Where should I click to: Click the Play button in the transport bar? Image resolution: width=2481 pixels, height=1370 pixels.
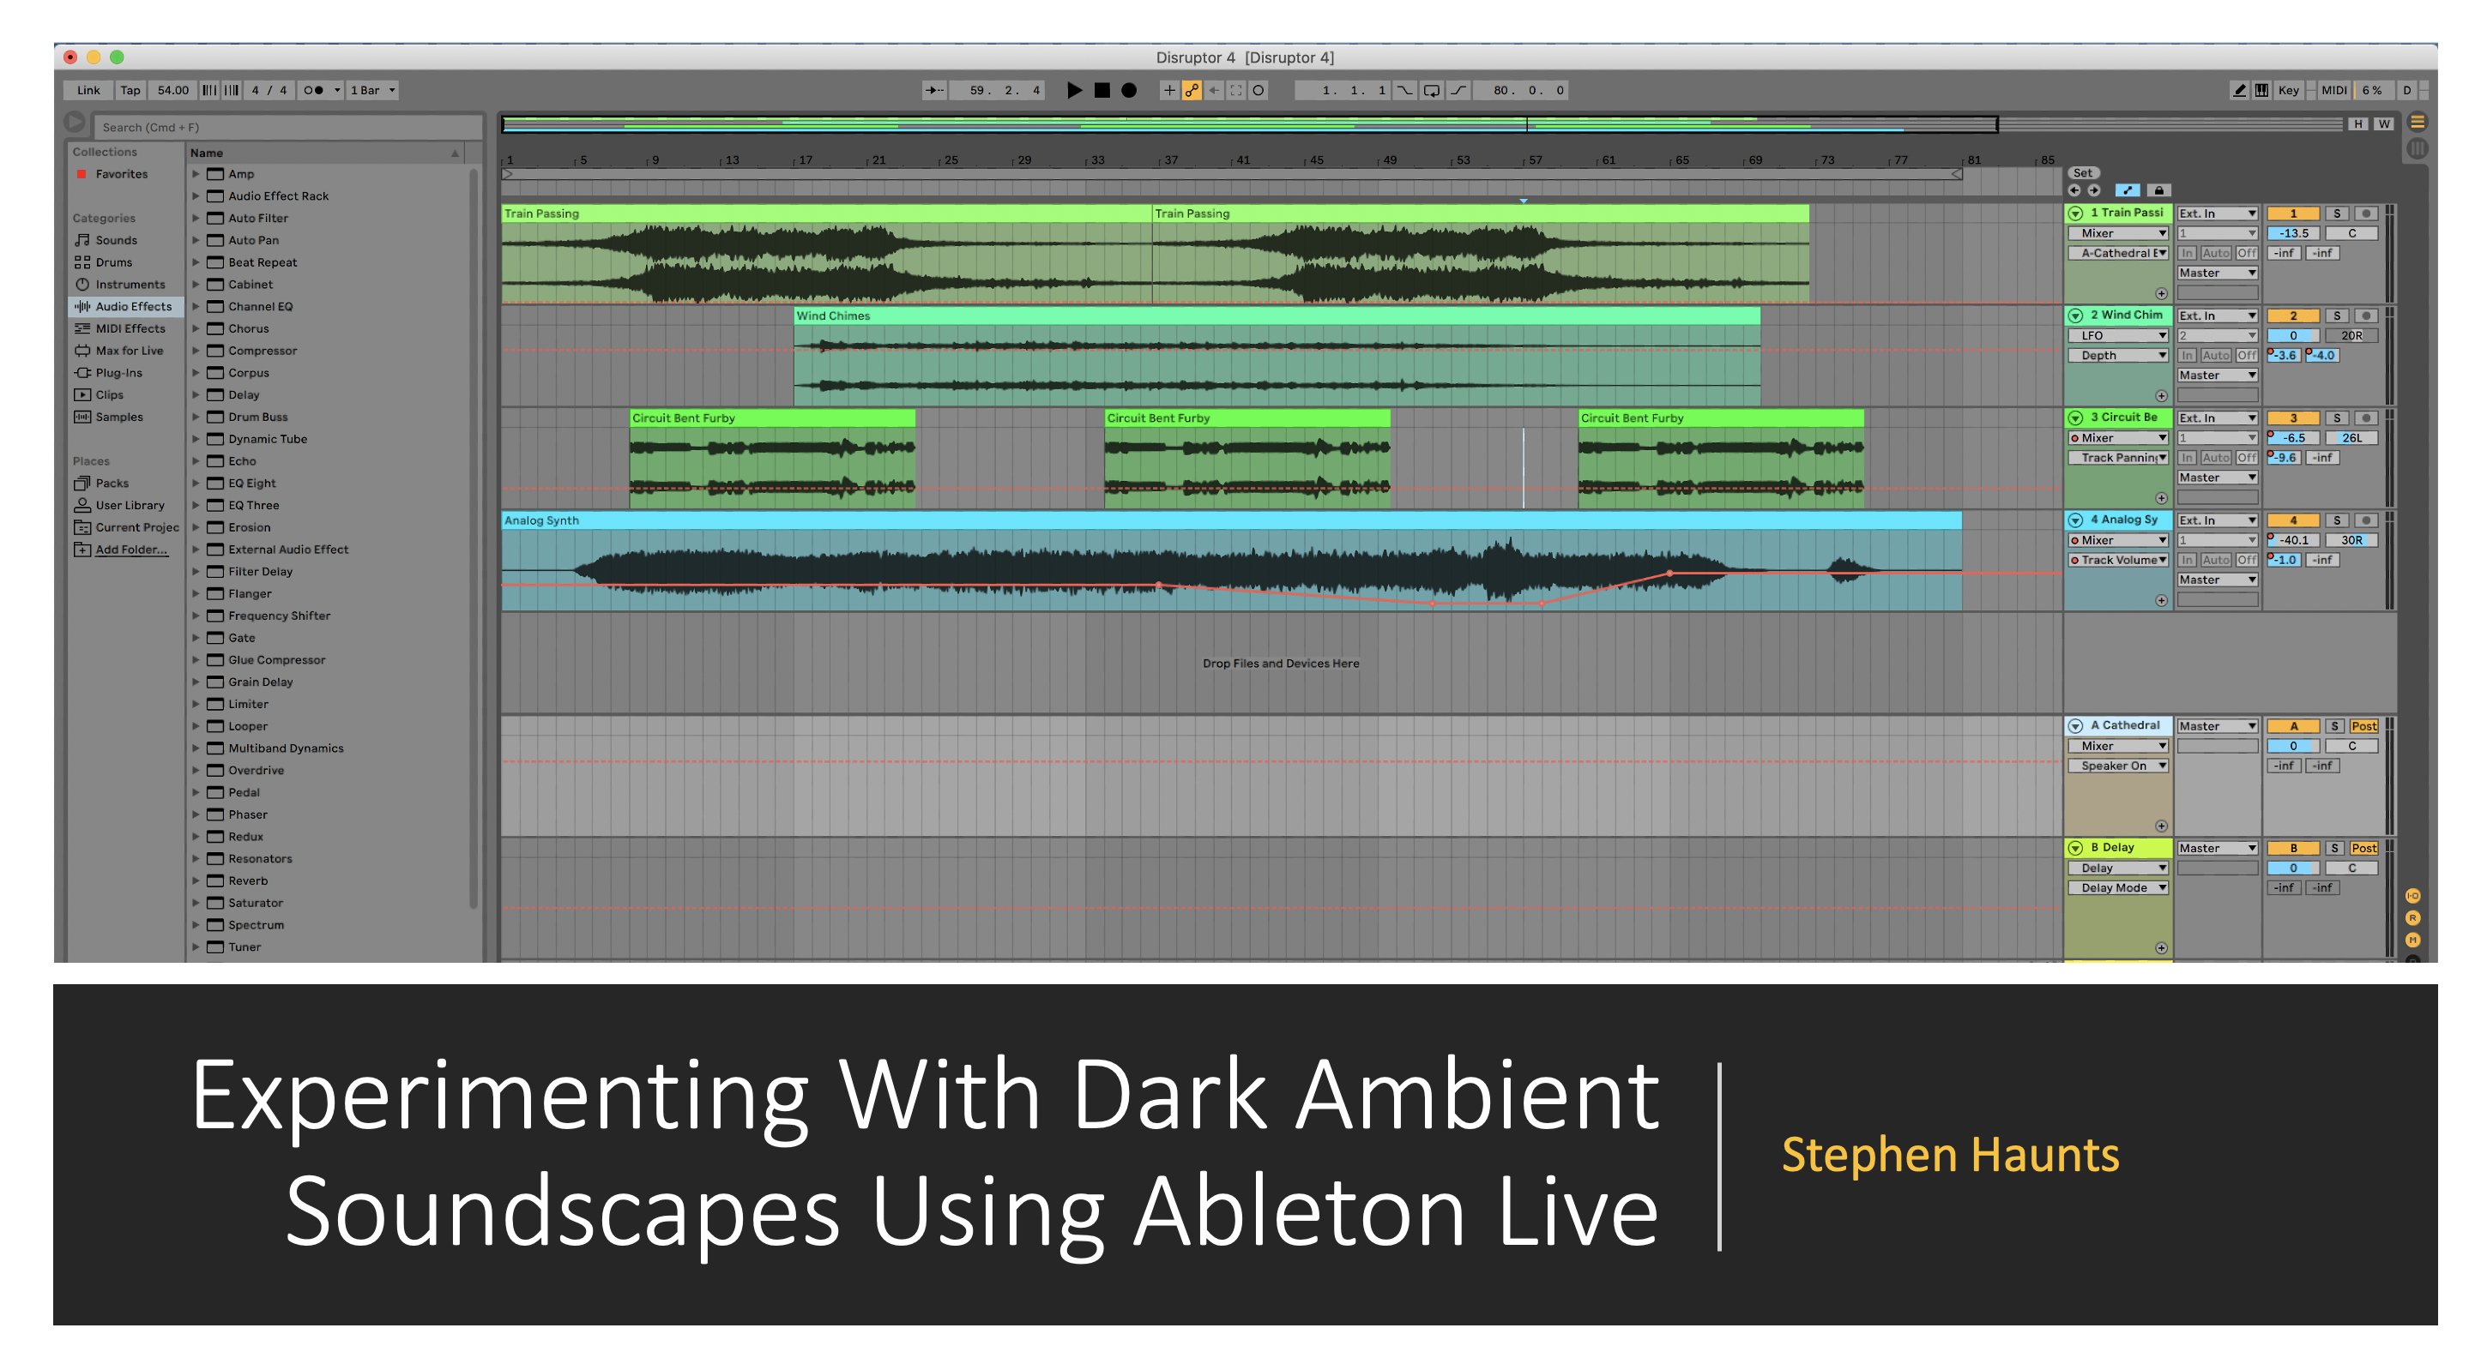point(1075,91)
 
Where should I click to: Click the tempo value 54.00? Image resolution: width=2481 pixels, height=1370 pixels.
point(173,91)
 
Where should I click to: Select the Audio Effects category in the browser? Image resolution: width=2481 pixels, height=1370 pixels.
point(133,306)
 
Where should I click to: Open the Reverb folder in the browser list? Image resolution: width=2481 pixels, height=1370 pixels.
point(248,881)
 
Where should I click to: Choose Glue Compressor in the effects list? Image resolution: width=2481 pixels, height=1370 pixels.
point(276,659)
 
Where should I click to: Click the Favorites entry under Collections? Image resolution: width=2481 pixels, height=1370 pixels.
point(121,174)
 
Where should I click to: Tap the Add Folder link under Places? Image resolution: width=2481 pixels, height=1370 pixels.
point(131,550)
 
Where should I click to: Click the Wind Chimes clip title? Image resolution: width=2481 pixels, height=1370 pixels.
point(833,315)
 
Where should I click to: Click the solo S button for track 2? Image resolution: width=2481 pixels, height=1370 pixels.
point(2337,315)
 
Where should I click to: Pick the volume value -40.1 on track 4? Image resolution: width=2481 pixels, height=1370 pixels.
point(2293,540)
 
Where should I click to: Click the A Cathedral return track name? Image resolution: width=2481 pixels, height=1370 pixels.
point(2125,726)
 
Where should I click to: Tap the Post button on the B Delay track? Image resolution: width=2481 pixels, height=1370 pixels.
point(2363,848)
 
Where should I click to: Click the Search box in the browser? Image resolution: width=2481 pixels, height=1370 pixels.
point(287,127)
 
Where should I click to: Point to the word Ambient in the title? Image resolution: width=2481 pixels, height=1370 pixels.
point(1477,1095)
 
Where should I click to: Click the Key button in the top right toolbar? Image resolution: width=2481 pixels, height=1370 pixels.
point(2288,91)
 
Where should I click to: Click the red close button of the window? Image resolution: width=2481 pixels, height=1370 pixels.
point(70,57)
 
